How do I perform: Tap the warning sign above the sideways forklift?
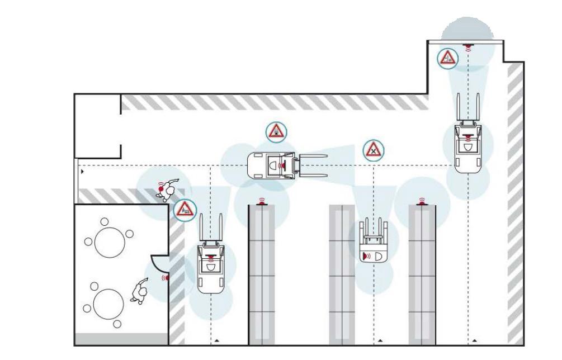point(276,131)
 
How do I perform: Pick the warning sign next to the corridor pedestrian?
point(185,209)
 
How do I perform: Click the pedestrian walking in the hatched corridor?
point(167,189)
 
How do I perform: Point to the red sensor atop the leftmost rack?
point(261,202)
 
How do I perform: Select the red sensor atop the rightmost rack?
point(422,202)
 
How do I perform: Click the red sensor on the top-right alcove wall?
point(467,45)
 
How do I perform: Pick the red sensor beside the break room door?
point(166,277)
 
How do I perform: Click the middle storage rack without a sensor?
point(342,274)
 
